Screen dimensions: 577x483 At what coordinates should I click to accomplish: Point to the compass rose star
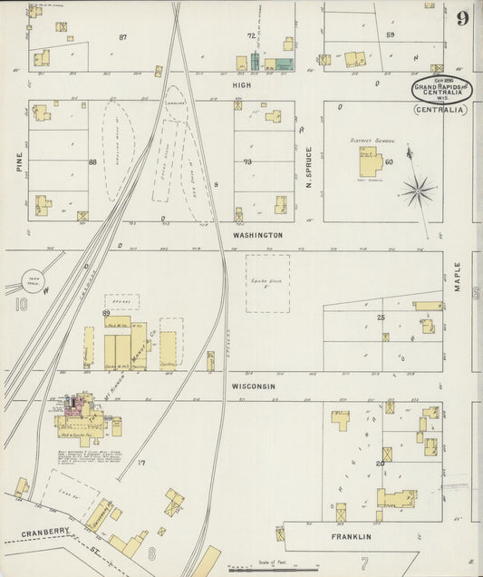418,191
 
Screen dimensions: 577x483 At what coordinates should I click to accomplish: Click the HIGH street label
241,85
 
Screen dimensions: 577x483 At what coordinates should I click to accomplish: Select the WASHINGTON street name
257,235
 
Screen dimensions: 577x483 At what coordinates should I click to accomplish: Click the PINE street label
19,161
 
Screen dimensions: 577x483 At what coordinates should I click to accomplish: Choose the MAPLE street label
458,277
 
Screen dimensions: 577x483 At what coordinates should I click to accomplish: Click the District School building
370,162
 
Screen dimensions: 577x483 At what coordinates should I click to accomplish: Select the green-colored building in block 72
284,64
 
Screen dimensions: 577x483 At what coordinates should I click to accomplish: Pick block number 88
92,162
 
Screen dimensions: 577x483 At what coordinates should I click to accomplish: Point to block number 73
247,161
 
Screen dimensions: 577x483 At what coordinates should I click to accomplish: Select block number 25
381,317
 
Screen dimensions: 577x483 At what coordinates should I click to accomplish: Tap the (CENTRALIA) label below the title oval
440,110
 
